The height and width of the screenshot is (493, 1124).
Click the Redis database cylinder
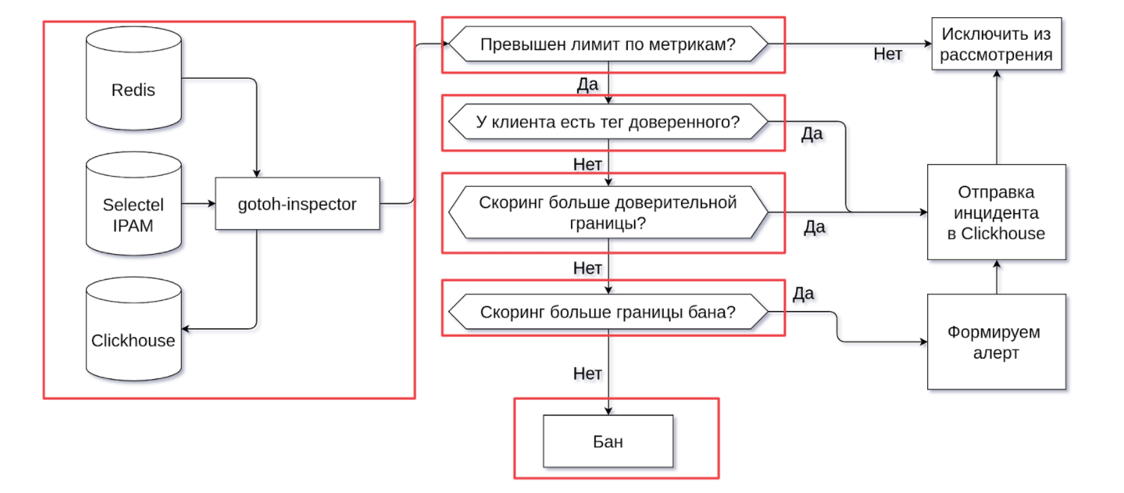133,78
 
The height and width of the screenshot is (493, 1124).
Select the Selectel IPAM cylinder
133,204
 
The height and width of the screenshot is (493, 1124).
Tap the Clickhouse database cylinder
133,329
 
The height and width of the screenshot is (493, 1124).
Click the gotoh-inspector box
298,204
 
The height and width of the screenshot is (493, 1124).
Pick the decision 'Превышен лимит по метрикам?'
608,44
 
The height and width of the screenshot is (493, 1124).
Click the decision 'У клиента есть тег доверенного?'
608,121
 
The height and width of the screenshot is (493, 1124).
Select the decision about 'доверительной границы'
608,212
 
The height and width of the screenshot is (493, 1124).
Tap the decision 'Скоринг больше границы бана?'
608,312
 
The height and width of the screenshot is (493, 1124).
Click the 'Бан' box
608,441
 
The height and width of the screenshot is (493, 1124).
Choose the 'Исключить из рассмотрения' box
997,43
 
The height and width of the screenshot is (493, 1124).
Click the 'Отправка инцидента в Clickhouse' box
997,212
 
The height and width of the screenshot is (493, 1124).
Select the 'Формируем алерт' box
997,342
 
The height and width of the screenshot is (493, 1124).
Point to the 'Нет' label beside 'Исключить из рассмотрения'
888,54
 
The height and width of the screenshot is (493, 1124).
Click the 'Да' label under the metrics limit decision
587,84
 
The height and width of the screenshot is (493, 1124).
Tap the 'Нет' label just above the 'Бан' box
587,373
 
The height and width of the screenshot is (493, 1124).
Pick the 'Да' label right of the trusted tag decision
812,133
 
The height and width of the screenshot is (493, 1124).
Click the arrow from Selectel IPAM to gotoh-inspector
199,204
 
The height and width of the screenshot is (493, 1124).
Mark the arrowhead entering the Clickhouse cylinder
185,329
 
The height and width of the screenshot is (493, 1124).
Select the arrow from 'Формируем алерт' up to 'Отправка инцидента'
997,277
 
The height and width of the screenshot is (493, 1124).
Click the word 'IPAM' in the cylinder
133,226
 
